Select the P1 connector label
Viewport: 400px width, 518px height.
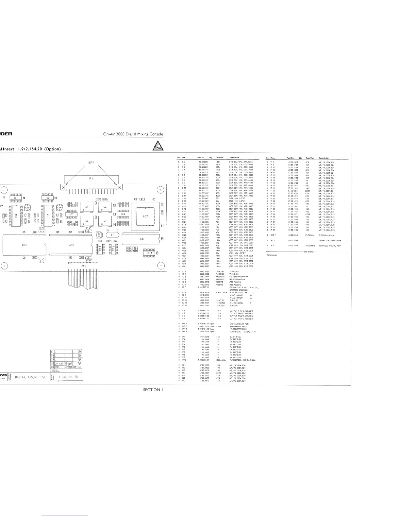[x=91, y=179]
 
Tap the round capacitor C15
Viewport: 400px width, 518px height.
[x=27, y=208]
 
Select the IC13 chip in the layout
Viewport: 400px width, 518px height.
[x=149, y=253]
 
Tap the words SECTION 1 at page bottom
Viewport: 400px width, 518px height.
[x=153, y=390]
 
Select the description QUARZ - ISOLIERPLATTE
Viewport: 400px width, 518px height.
[x=330, y=240]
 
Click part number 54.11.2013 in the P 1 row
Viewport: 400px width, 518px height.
[x=204, y=337]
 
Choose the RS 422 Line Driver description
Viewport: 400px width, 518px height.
[x=237, y=279]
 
